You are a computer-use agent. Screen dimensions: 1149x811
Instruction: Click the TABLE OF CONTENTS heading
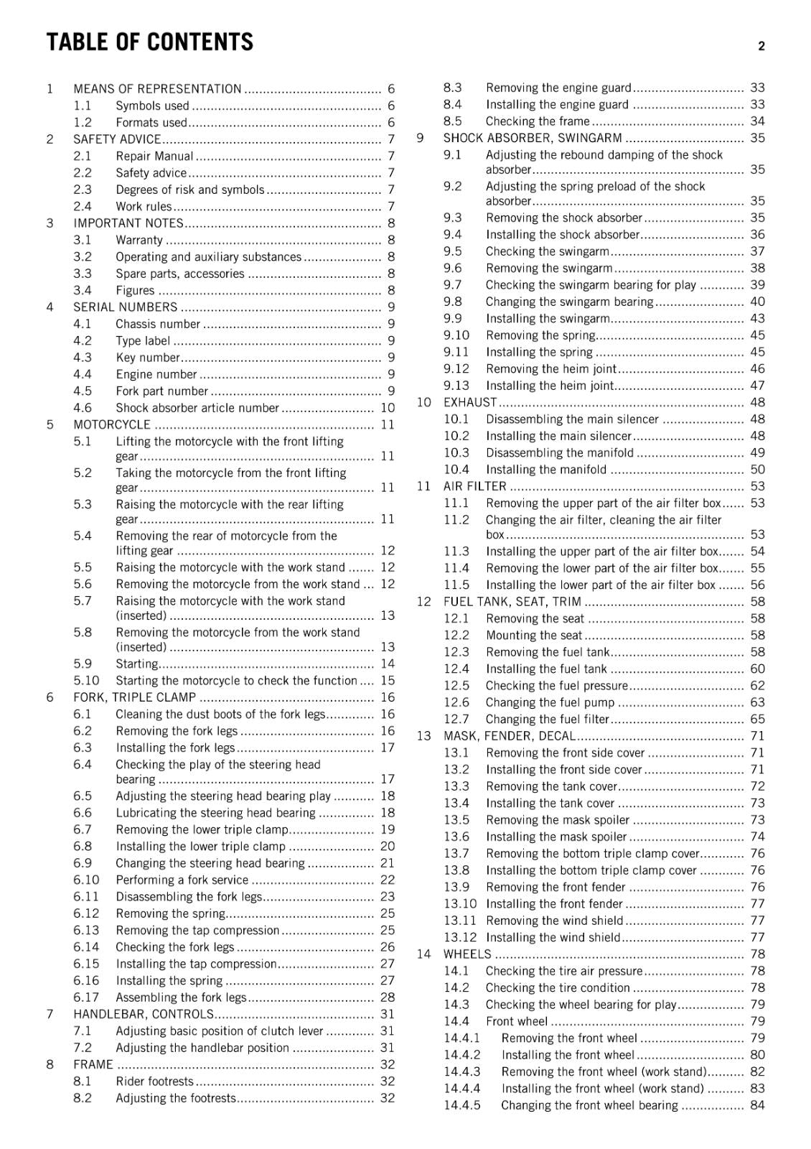coord(149,42)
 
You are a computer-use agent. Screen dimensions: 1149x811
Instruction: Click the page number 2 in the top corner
coord(761,46)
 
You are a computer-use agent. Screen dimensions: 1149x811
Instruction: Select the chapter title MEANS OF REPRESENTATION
coord(157,89)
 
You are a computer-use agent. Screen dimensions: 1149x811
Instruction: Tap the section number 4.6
coord(83,408)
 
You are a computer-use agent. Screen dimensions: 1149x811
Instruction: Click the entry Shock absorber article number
coord(197,408)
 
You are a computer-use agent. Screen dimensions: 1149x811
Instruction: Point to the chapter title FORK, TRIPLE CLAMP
coord(134,697)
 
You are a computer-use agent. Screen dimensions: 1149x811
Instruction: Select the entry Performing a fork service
coord(182,880)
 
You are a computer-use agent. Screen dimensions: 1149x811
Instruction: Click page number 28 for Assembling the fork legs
coord(388,997)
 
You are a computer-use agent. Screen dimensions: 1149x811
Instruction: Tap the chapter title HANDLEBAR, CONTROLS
coord(144,1014)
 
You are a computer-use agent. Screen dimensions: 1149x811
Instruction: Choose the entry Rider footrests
coord(154,1081)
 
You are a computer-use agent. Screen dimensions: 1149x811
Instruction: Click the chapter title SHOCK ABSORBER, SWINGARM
coord(533,138)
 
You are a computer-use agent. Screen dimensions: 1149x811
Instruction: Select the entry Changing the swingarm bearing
coord(569,302)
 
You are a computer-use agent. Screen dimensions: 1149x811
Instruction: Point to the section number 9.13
coord(456,386)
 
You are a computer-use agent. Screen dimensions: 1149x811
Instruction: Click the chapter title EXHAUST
coord(470,402)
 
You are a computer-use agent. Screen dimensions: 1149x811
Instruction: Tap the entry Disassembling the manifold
coord(559,452)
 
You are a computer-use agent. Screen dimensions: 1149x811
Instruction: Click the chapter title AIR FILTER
coord(474,486)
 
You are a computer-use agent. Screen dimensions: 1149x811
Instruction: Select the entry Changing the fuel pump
coord(550,702)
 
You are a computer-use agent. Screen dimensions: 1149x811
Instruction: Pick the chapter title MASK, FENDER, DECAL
coord(510,736)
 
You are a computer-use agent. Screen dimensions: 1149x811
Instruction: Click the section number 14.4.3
coord(462,1071)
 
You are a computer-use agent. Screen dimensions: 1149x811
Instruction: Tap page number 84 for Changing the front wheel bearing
coord(757,1105)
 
